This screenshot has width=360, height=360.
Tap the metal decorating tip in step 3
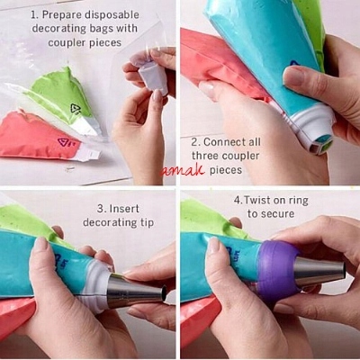tap(137, 291)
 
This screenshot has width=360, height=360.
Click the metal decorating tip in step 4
tap(319, 271)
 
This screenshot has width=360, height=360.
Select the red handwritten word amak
tap(182, 171)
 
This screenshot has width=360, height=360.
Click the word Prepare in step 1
tap(58, 15)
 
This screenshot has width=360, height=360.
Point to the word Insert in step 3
tap(124, 209)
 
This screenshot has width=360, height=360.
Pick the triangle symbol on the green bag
tap(76, 109)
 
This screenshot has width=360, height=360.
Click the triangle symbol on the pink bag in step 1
tap(64, 142)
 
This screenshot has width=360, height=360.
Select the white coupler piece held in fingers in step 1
tap(154, 77)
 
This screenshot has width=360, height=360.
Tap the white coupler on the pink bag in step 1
tap(88, 153)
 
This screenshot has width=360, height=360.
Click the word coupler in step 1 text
tap(66, 42)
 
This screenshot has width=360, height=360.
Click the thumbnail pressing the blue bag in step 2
tap(292, 76)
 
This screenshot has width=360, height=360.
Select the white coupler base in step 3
tap(96, 285)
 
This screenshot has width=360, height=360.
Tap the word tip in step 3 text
tap(146, 223)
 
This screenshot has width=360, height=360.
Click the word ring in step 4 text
tap(297, 201)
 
